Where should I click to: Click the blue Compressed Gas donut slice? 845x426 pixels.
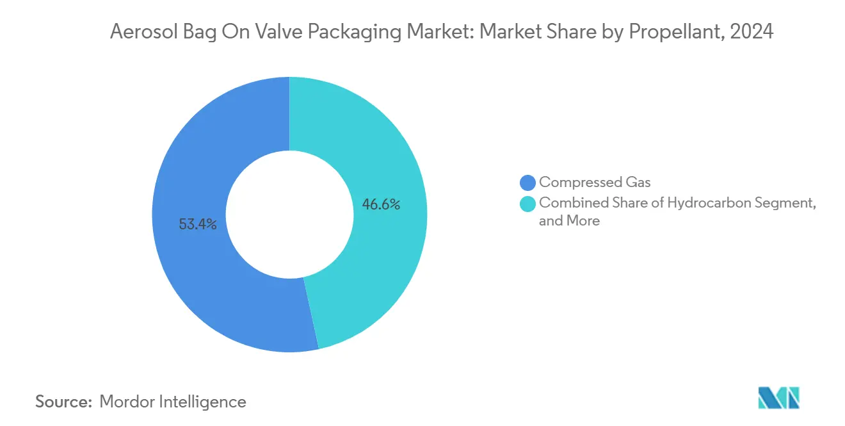(192, 269)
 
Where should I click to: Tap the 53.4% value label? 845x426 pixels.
(198, 225)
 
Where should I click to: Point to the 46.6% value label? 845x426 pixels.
(381, 205)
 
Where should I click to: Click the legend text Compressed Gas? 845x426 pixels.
(595, 183)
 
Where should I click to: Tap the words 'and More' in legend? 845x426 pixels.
(569, 221)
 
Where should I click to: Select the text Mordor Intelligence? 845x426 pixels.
(173, 402)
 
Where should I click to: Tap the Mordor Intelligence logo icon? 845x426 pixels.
(778, 398)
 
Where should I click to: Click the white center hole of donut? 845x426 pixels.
(289, 215)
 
